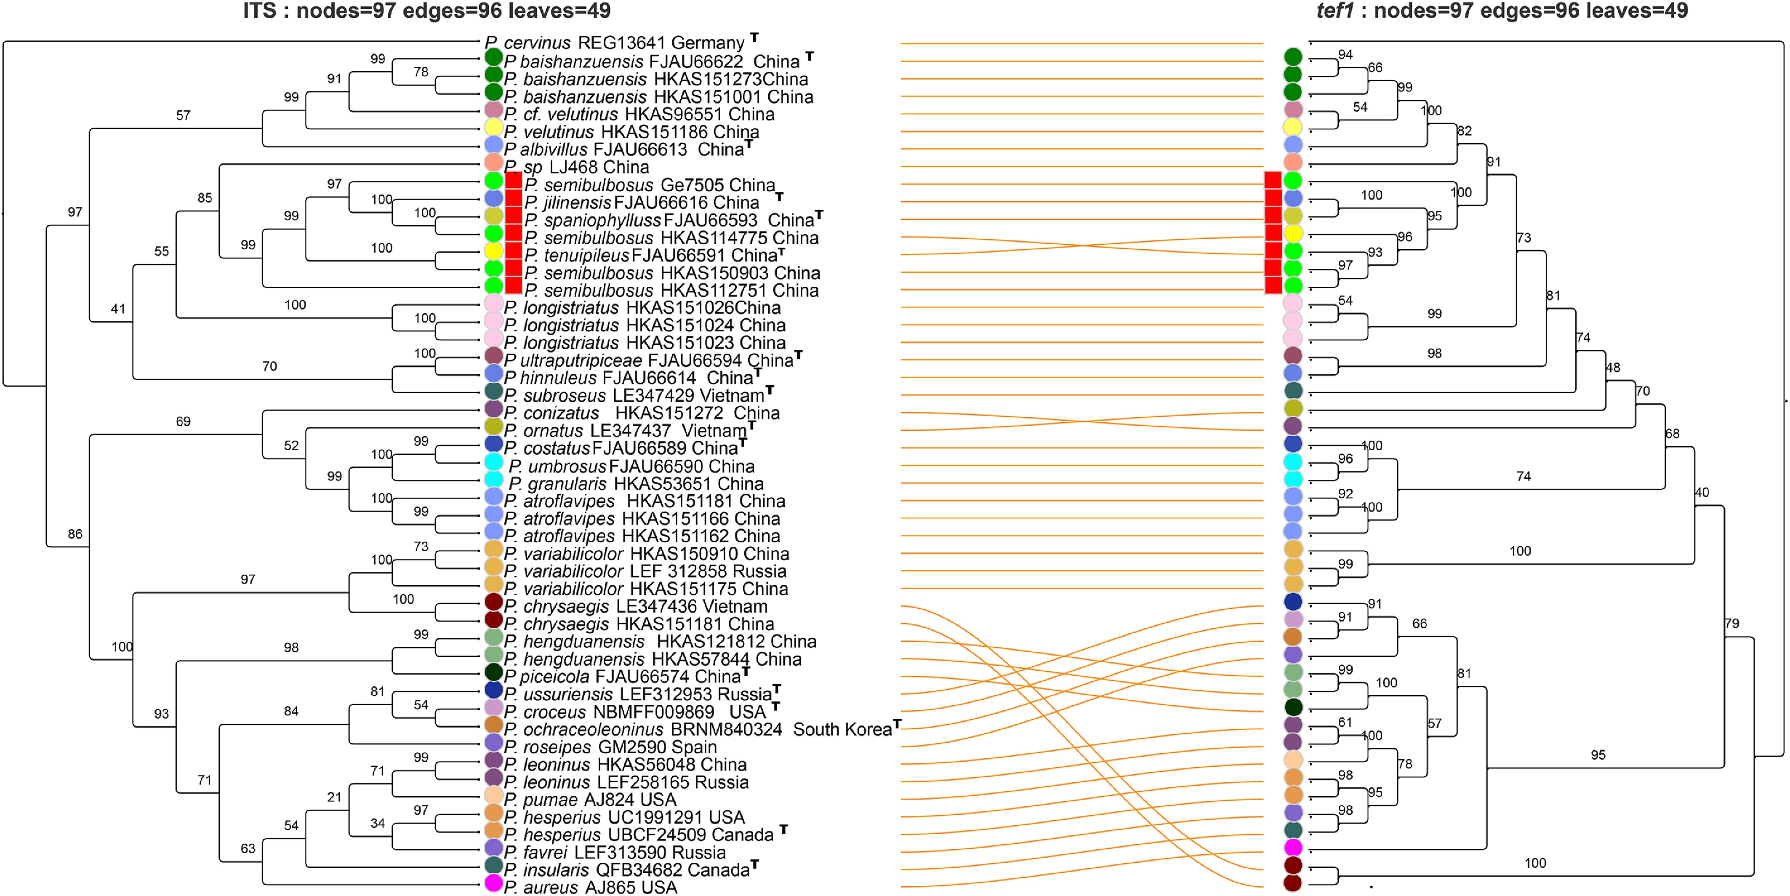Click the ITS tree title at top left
(x=426, y=11)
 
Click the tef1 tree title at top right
(x=1502, y=11)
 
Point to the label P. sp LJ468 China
(x=577, y=167)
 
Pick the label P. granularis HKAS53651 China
(x=636, y=483)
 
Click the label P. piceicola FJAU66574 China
(x=627, y=676)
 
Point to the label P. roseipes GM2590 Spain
(x=610, y=747)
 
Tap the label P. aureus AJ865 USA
(x=591, y=887)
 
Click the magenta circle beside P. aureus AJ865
(x=493, y=883)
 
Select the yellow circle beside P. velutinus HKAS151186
(x=493, y=127)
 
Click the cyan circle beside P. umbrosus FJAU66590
(x=493, y=461)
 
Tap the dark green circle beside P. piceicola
(x=493, y=672)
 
